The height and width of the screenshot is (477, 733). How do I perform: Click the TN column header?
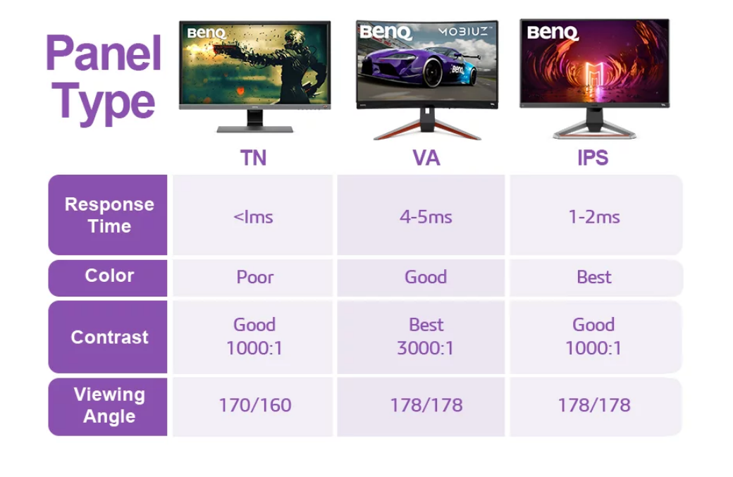[x=253, y=157]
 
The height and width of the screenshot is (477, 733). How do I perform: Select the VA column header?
[x=426, y=157]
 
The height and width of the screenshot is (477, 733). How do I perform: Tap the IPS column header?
[x=593, y=157]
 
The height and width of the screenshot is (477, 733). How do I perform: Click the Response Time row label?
[x=109, y=215]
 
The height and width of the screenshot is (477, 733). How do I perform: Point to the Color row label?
[x=109, y=275]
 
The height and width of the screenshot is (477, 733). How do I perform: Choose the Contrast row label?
[x=109, y=337]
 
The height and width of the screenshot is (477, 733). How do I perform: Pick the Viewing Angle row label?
[x=109, y=405]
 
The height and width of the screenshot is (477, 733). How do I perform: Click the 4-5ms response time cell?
[x=426, y=217]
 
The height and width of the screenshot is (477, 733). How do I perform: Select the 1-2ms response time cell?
[x=594, y=217]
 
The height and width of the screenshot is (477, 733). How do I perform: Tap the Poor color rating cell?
[x=254, y=277]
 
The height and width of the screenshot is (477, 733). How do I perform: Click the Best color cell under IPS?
[x=594, y=277]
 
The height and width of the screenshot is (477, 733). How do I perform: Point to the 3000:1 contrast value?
[x=426, y=348]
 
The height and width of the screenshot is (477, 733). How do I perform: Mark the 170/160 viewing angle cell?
[x=255, y=405]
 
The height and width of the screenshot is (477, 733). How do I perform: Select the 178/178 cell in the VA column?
[x=426, y=405]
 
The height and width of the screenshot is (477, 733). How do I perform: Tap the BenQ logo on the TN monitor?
[x=207, y=33]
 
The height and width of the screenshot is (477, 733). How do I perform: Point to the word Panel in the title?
[x=104, y=53]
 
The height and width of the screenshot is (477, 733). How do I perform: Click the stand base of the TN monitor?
[x=254, y=129]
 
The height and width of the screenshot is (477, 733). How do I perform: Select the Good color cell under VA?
[x=426, y=277]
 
